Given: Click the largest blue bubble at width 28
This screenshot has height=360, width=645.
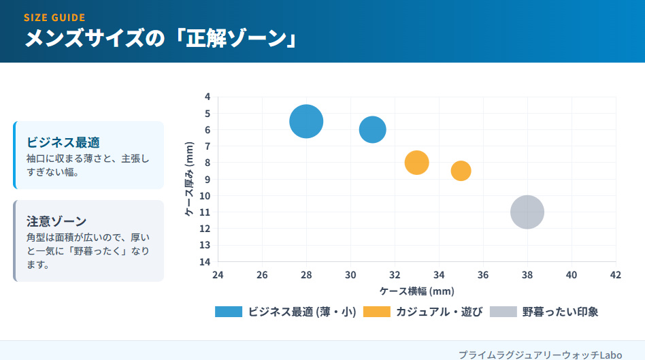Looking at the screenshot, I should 306,122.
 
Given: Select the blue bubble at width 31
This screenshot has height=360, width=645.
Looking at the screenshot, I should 372,129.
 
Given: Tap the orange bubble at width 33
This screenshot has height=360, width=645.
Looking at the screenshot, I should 416,163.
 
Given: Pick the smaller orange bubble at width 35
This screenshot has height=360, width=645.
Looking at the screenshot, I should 461,171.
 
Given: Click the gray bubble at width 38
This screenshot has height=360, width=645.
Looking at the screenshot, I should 527,212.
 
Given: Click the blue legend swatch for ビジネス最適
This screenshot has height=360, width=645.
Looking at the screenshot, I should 229,312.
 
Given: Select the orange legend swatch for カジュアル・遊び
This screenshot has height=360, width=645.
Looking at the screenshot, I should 377,312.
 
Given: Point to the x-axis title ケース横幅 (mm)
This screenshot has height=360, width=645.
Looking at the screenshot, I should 416,291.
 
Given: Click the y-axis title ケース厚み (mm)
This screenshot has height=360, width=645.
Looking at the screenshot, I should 190,179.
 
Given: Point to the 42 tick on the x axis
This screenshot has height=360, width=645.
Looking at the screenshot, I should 615,275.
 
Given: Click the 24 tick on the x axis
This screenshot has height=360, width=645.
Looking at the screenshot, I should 218,275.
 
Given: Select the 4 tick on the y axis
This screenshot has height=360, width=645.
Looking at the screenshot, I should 207,97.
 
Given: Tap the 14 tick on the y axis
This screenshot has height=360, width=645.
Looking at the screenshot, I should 205,262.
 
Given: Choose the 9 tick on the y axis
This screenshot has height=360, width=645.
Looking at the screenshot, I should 207,180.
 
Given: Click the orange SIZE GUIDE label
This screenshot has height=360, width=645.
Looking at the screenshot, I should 54,18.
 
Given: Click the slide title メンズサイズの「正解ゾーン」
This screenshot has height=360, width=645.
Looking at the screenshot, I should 162,39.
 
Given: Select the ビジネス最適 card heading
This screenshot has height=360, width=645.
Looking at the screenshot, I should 63,143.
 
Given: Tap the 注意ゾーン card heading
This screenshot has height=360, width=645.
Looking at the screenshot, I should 56,221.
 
